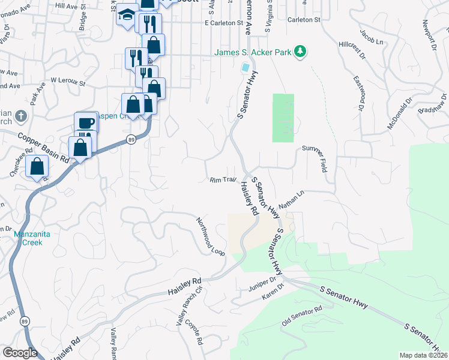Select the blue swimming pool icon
point(245,67)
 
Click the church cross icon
point(20,115)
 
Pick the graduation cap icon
point(127,14)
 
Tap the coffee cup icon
point(86,122)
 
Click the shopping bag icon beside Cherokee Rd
point(37,167)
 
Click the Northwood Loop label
point(210,236)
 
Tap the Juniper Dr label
point(262,284)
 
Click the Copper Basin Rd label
point(43,147)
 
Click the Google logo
point(20,353)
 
